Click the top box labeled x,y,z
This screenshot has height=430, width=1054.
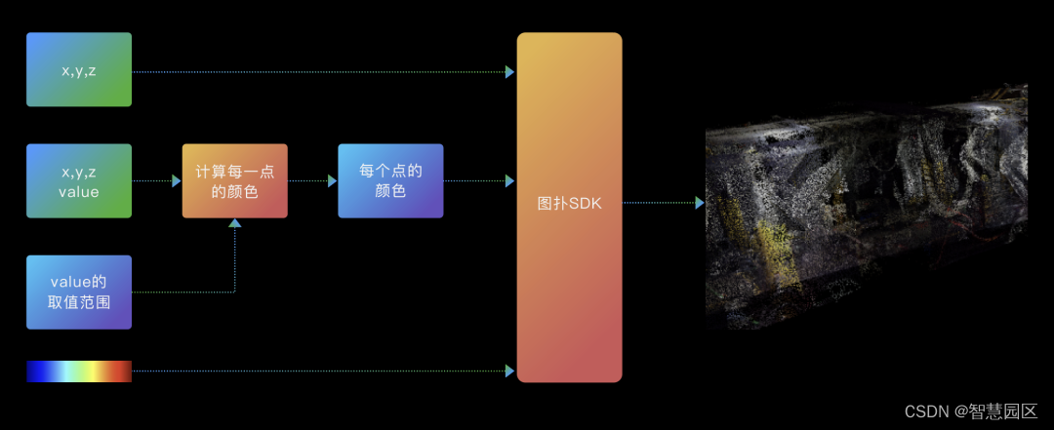tap(79, 70)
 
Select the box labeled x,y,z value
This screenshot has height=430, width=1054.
tap(79, 180)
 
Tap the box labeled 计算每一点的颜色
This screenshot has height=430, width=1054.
tap(234, 180)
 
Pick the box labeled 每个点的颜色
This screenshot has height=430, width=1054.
tap(390, 180)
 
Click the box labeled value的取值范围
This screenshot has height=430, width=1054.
tap(79, 292)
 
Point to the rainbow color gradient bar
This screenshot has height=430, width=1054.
tap(79, 371)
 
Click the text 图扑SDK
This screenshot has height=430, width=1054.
tap(569, 203)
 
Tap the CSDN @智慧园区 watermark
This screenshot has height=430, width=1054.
tap(970, 411)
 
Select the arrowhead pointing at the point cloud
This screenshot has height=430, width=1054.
tap(700, 203)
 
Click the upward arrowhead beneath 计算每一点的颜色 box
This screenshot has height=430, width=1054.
tap(234, 223)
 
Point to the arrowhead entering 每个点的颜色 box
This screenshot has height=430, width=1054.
tap(332, 180)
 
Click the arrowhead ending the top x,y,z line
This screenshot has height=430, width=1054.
tap(509, 71)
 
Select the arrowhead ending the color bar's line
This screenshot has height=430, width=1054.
tap(509, 371)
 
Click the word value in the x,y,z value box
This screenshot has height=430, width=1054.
tap(79, 192)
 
